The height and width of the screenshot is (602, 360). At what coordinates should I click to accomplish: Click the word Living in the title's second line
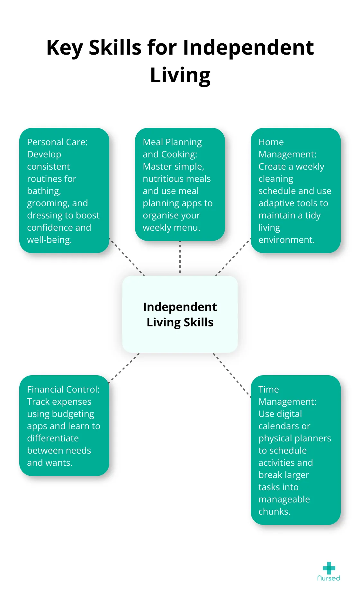[180, 75]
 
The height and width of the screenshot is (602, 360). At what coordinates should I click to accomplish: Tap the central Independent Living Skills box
[180, 314]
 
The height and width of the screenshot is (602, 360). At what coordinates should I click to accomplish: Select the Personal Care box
[64, 190]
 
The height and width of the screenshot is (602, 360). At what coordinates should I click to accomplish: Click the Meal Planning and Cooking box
[180, 184]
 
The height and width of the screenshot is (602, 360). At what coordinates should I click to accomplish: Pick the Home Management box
[295, 190]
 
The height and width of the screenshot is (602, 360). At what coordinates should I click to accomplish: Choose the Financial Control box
[64, 425]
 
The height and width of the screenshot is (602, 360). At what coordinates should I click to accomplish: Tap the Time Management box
[295, 450]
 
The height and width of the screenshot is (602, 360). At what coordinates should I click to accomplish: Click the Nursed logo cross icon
[329, 568]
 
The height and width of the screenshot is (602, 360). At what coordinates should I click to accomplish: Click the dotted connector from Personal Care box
[127, 257]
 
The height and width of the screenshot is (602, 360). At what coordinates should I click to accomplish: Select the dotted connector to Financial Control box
[124, 368]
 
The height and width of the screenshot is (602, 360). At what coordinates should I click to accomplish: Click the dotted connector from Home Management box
[233, 257]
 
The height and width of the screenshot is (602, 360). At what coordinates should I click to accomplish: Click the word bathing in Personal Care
[44, 191]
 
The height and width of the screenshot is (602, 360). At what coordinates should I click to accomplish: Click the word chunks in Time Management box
[274, 511]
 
